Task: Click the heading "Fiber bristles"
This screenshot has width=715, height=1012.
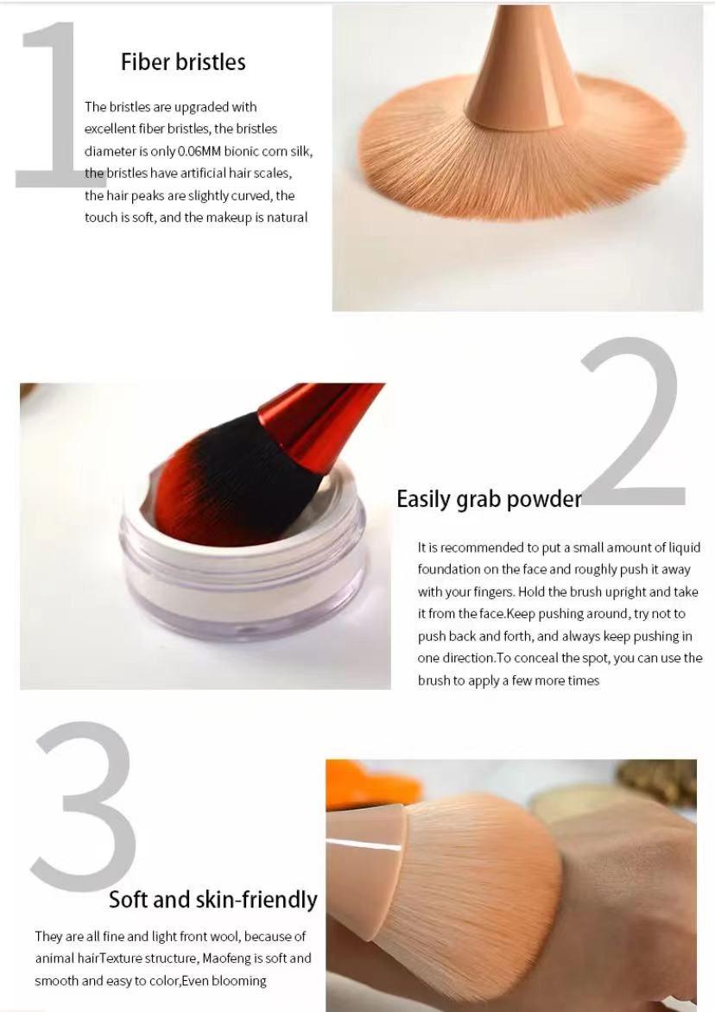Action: (183, 62)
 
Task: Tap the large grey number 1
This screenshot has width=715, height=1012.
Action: (52, 104)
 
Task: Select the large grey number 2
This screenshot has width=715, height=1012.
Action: (632, 421)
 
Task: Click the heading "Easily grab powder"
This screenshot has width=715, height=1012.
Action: (489, 500)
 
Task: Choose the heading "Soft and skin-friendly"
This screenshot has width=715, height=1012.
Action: (213, 900)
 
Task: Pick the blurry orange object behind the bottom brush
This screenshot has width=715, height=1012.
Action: (371, 784)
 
